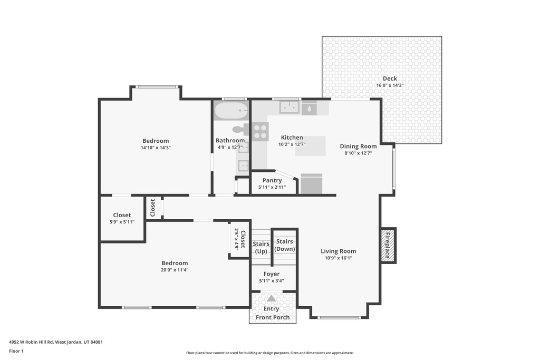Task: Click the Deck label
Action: tap(390, 79)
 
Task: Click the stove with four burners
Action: tap(260, 131)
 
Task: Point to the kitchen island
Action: tap(310, 146)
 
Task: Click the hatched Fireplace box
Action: tap(388, 245)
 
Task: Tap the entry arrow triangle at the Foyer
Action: tap(271, 298)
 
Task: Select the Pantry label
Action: tap(272, 180)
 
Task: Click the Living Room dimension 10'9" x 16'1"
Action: tap(338, 258)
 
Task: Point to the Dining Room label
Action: tap(358, 146)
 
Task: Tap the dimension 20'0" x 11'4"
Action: tap(175, 270)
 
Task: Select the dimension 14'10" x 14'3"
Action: tap(156, 148)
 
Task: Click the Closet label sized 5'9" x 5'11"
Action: tap(122, 215)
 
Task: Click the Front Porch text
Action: tap(273, 317)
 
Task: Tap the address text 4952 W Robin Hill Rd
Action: tap(55, 342)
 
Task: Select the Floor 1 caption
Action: tap(16, 351)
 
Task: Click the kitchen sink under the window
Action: tap(289, 108)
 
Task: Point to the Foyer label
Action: tap(272, 274)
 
